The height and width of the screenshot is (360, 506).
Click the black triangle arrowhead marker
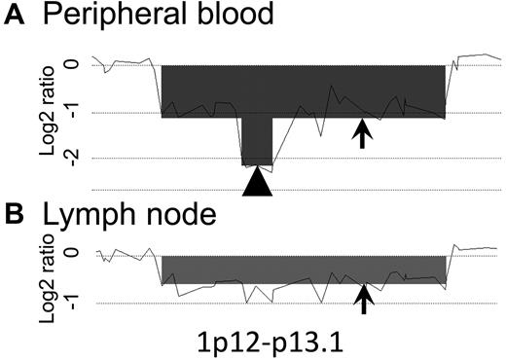258,183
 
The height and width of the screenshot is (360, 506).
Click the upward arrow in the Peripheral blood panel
362,134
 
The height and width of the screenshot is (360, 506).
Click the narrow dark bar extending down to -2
258,141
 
